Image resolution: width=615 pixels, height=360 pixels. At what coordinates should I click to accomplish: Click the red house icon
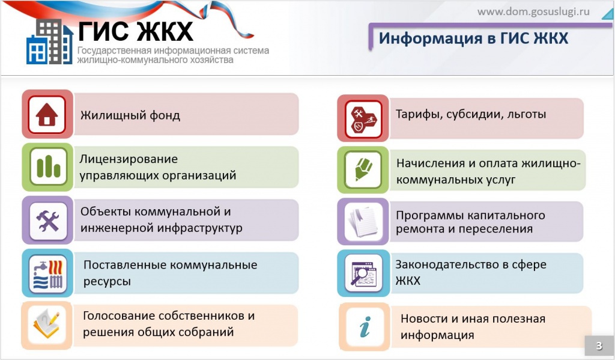pyautogui.click(x=47, y=114)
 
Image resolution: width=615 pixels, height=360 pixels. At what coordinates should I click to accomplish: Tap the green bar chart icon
pyautogui.click(x=47, y=166)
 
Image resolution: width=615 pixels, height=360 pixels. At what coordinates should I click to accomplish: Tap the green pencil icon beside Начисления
pyautogui.click(x=363, y=170)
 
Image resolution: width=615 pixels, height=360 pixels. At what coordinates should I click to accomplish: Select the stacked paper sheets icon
pyautogui.click(x=363, y=222)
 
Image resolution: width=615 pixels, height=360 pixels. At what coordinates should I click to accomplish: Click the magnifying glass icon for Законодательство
pyautogui.click(x=363, y=273)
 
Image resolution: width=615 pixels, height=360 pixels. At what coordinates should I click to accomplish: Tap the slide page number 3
pyautogui.click(x=598, y=346)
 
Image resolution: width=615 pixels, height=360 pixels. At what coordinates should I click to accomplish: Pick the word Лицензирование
pyautogui.click(x=129, y=159)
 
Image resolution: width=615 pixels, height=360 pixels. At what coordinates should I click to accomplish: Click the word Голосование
pyautogui.click(x=118, y=316)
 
